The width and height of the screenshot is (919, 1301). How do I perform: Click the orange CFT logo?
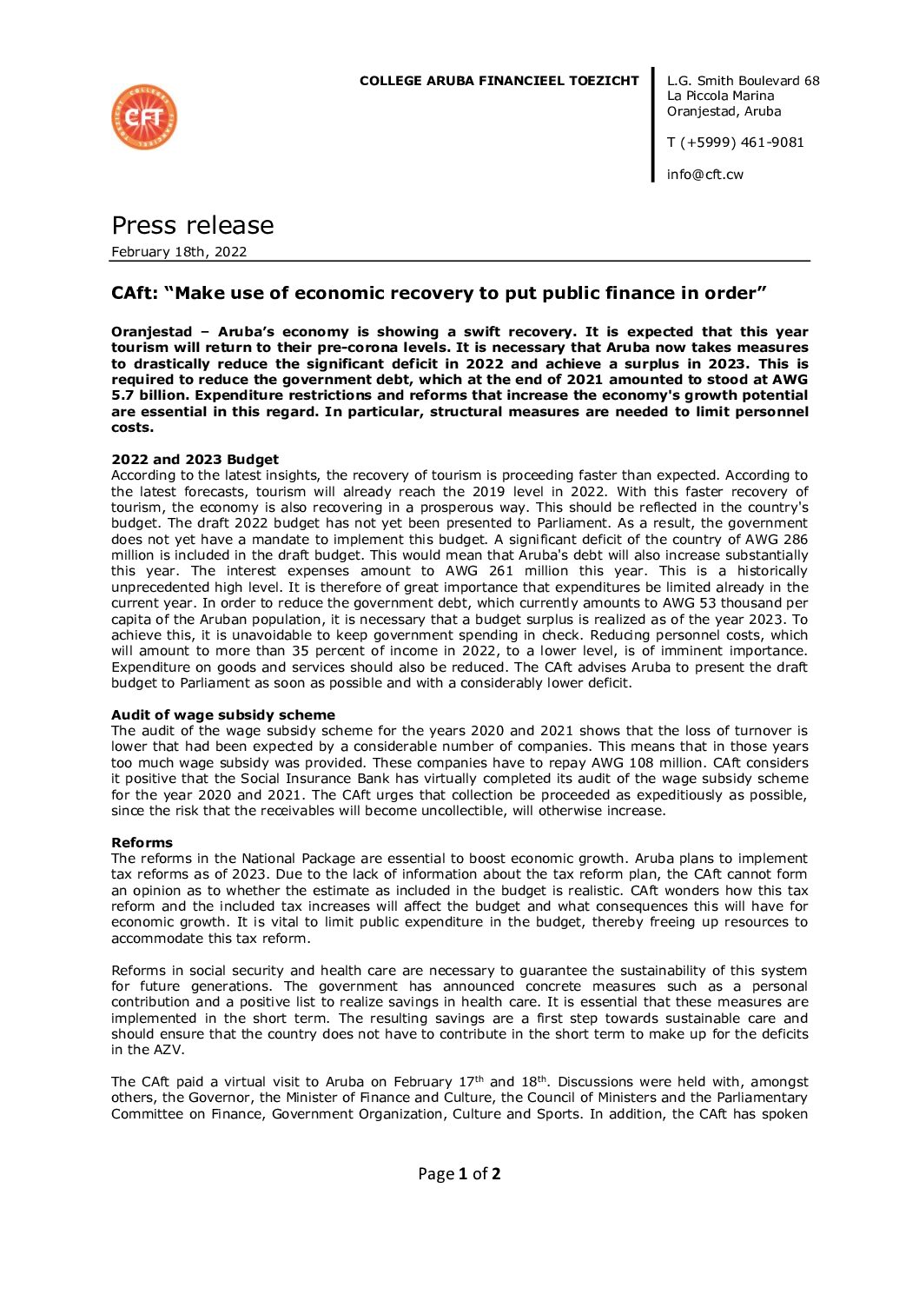click(x=144, y=117)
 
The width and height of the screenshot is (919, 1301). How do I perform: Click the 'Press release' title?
click(x=192, y=226)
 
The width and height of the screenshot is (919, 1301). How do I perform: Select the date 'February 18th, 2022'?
click(x=179, y=252)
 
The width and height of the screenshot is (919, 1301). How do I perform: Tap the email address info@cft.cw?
click(x=704, y=175)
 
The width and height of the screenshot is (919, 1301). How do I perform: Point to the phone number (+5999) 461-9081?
click(x=742, y=143)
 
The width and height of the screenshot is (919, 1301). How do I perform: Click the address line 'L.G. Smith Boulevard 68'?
click(x=743, y=81)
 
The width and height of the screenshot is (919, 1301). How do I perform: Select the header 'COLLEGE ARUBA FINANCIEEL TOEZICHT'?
click(x=499, y=81)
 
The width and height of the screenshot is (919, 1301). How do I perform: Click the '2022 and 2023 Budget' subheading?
click(x=195, y=460)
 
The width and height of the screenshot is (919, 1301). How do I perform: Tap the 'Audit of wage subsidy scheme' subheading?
click(x=222, y=715)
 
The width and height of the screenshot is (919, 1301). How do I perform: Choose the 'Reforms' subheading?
click(x=142, y=843)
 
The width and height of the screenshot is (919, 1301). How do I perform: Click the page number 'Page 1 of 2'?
click(x=459, y=1174)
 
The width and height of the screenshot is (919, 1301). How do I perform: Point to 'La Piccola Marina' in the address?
click(x=720, y=96)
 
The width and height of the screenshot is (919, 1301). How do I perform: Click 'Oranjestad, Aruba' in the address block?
click(x=724, y=111)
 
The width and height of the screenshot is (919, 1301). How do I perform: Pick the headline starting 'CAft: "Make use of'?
click(x=439, y=294)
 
